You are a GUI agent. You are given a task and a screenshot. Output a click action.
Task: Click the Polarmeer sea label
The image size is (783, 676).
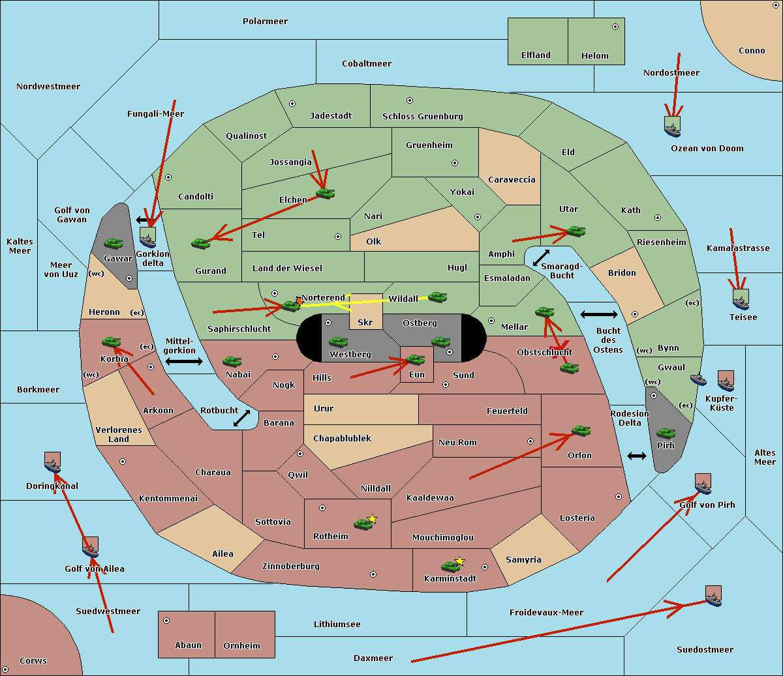pyautogui.click(x=265, y=22)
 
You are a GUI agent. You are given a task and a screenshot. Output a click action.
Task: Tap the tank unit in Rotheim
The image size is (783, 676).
pyautogui.click(x=363, y=523)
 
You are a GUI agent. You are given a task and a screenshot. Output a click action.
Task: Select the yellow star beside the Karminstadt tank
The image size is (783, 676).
pyautogui.click(x=459, y=561)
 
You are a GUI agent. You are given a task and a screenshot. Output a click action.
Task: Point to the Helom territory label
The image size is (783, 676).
pyautogui.click(x=594, y=56)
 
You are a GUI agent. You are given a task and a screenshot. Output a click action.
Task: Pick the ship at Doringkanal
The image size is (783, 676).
pyautogui.click(x=53, y=463)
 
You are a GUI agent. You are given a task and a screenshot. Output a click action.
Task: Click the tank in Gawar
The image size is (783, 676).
pyautogui.click(x=114, y=243)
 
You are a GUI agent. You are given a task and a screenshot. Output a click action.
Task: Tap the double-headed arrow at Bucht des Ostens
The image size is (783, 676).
pyautogui.click(x=598, y=315)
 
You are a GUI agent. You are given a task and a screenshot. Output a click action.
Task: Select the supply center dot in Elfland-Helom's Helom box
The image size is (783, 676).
pyautogui.click(x=615, y=27)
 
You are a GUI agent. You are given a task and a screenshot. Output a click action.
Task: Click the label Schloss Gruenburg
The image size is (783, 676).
pyautogui.click(x=422, y=117)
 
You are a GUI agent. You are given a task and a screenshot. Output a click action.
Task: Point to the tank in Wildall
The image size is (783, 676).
pyautogui.click(x=437, y=297)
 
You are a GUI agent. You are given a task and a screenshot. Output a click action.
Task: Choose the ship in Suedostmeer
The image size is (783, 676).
pyautogui.click(x=714, y=596)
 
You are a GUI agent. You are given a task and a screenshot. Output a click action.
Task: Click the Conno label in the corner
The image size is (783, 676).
pyautogui.click(x=752, y=51)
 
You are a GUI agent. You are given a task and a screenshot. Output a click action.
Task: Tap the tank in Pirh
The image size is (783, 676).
pyautogui.click(x=666, y=433)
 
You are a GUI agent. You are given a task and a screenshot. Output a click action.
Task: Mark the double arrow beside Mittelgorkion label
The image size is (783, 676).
pyautogui.click(x=184, y=361)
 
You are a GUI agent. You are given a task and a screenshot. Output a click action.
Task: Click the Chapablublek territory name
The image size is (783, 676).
pyautogui.click(x=342, y=439)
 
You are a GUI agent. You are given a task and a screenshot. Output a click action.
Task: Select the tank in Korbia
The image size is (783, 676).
pyautogui.click(x=111, y=342)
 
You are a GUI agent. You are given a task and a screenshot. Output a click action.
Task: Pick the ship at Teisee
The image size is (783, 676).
pyautogui.click(x=741, y=300)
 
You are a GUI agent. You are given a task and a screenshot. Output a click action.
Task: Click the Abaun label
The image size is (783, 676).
pyautogui.click(x=188, y=645)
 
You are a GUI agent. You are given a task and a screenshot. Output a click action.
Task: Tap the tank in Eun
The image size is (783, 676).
pyautogui.click(x=415, y=359)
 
